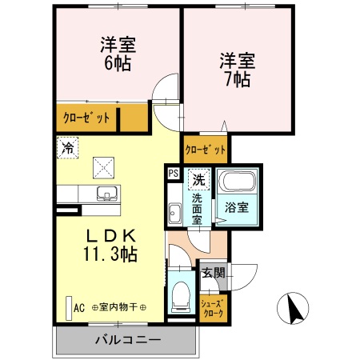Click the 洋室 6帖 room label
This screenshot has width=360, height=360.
117,52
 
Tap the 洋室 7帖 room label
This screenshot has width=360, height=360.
238,69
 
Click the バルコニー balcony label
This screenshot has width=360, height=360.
128,339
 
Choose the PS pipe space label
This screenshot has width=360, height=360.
173,172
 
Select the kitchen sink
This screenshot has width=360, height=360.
106,194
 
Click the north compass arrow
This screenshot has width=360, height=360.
293,308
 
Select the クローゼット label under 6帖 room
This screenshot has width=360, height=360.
86,118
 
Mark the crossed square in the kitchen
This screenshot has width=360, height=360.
104,167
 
